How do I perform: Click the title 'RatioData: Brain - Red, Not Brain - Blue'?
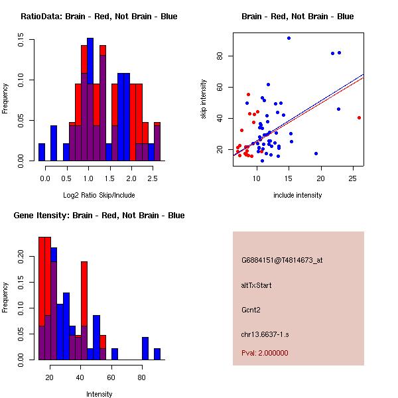[x=99, y=17]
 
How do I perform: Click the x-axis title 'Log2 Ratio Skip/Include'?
[x=99, y=194]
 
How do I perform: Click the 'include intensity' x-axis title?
[x=297, y=194]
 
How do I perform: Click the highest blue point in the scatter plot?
[x=289, y=38]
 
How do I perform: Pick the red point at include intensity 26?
[x=359, y=117]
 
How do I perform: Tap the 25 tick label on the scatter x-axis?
[x=353, y=178]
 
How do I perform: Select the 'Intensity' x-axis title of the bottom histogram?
[x=99, y=394]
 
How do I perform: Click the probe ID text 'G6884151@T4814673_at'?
[x=282, y=261]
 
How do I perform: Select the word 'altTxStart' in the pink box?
[x=257, y=285]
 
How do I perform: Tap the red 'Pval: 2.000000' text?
[x=265, y=353]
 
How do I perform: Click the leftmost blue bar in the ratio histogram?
[x=42, y=152]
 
